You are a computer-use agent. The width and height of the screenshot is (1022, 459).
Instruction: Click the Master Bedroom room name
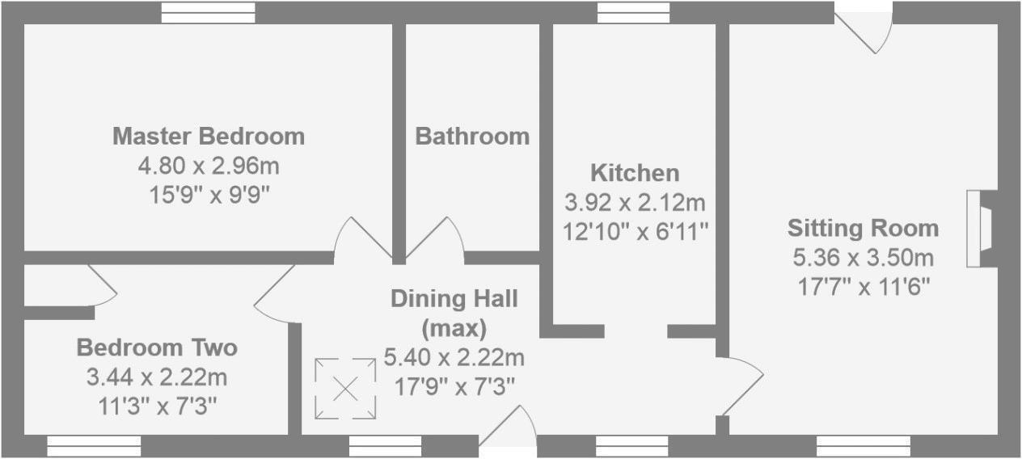click(209, 136)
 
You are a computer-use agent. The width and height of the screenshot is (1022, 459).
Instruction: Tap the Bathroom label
click(472, 137)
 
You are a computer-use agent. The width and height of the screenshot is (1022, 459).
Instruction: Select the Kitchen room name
click(635, 173)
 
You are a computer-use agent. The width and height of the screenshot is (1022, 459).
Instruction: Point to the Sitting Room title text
click(863, 228)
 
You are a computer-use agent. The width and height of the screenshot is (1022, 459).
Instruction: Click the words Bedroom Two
click(157, 348)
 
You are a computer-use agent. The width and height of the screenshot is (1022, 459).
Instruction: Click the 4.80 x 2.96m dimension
click(209, 166)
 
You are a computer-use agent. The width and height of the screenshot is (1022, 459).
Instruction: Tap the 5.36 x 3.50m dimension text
click(863, 258)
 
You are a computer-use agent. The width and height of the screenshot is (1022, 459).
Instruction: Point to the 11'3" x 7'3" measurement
click(157, 406)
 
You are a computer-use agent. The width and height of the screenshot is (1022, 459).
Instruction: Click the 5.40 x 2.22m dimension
click(454, 356)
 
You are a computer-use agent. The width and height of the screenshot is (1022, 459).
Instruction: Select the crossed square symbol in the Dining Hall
click(345, 390)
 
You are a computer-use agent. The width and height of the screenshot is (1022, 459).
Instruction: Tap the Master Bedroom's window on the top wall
click(208, 12)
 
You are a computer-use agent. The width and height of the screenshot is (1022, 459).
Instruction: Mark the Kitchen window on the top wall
click(634, 12)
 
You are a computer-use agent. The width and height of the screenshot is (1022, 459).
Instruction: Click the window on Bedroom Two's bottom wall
click(94, 446)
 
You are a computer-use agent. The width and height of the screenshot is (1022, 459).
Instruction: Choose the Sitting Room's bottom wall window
click(864, 446)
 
